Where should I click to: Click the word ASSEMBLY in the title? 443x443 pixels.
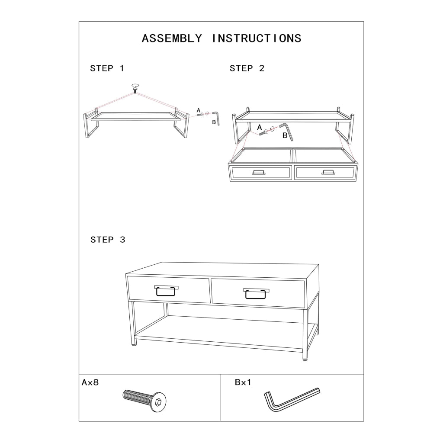click(172, 39)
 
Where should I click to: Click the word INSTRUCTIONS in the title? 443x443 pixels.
click(257, 39)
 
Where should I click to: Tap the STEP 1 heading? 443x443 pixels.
click(107, 68)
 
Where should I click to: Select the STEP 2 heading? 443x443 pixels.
click(247, 68)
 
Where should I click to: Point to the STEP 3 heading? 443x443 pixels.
click(108, 240)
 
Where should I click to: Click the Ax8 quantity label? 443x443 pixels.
click(90, 382)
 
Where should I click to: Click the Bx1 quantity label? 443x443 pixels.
click(243, 382)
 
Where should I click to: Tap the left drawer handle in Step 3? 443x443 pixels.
click(166, 291)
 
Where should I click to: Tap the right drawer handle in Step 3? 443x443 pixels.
click(256, 294)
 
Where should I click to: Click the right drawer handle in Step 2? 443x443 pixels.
click(328, 172)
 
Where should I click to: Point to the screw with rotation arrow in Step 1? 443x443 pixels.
click(135, 89)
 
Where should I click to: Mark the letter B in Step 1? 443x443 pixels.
click(214, 122)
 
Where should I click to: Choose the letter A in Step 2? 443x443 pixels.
click(260, 128)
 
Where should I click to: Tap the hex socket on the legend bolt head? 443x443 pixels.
click(158, 402)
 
